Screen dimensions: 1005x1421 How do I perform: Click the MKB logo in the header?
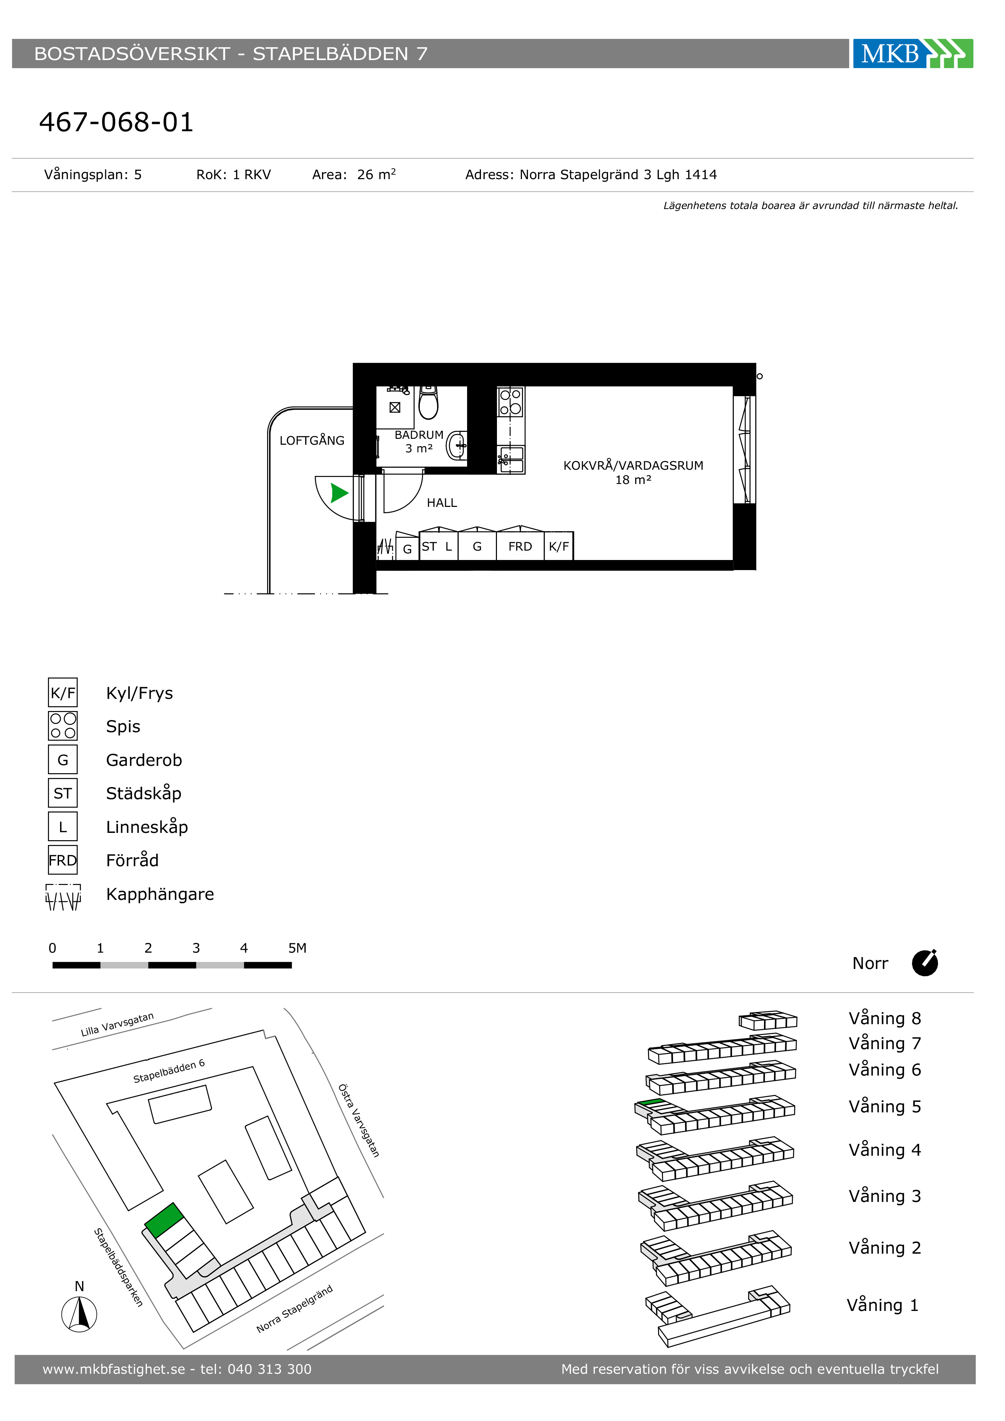(x=912, y=54)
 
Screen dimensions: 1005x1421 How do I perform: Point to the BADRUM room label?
(x=419, y=435)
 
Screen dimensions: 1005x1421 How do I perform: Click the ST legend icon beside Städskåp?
(x=63, y=793)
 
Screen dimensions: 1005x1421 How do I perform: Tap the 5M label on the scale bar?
(x=297, y=948)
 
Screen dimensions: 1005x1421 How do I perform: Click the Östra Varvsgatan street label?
(x=358, y=1121)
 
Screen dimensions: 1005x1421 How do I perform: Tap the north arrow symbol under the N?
(x=79, y=1314)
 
